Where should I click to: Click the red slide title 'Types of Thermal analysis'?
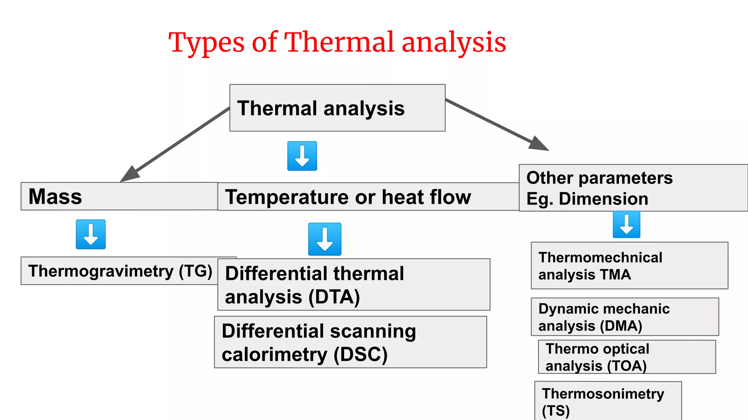tap(337, 43)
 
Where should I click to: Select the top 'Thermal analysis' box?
tap(337, 108)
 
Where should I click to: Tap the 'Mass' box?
tap(119, 197)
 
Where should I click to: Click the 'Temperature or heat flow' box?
tap(368, 197)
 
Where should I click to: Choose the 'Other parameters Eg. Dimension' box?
tap(633, 188)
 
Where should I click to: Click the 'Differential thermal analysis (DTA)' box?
tap(354, 285)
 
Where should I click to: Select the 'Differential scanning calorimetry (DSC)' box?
tap(350, 342)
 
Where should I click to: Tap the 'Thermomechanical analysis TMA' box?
tap(629, 265)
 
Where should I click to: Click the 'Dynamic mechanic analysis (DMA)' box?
tap(625, 317)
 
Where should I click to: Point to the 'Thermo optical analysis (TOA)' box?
tap(627, 357)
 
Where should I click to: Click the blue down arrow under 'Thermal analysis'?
tap(302, 156)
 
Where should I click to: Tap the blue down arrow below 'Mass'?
tap(91, 234)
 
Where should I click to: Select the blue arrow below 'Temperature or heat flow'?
tap(325, 239)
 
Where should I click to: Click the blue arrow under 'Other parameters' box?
tap(626, 224)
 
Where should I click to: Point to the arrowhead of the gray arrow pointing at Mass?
tap(128, 175)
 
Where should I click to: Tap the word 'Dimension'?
tap(603, 199)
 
